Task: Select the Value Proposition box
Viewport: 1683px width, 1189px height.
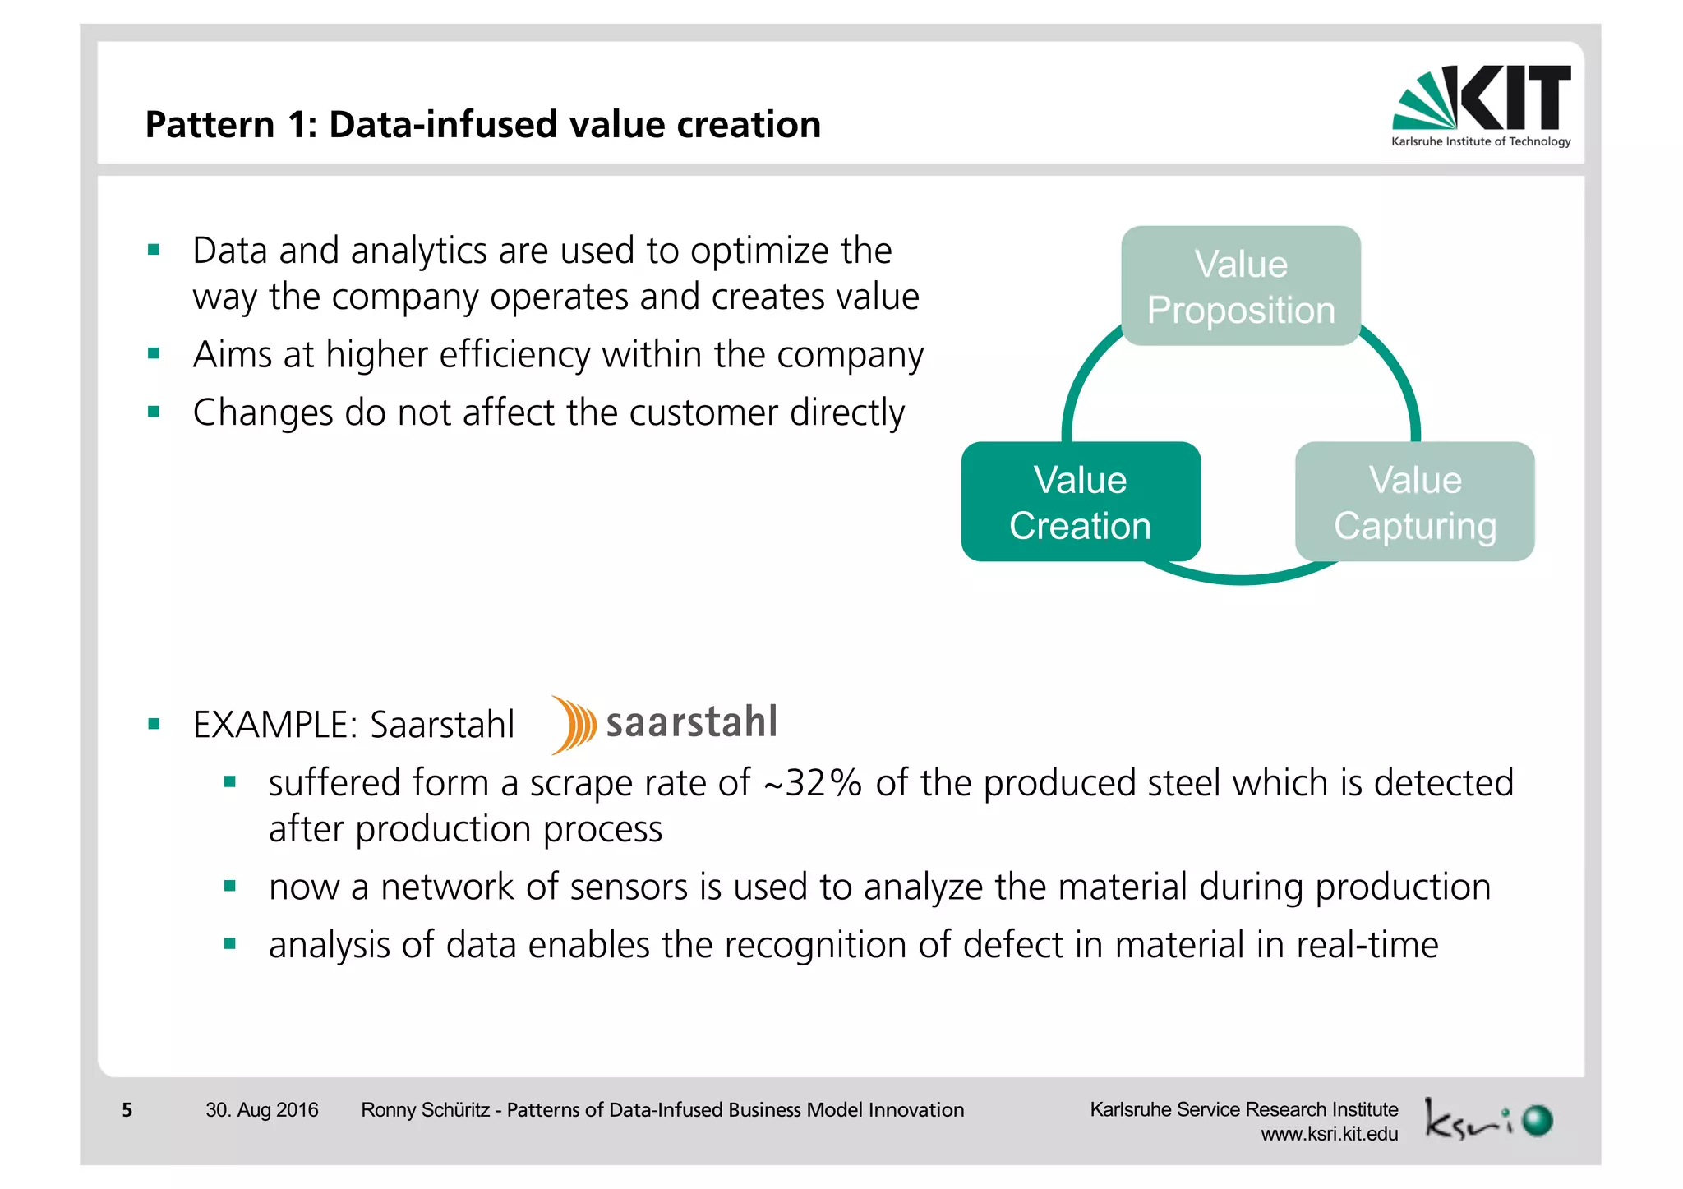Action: [1240, 286]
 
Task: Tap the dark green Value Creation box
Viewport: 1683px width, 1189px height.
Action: [1080, 502]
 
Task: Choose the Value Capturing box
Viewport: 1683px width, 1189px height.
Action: [1414, 502]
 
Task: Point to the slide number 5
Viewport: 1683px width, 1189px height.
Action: [127, 1110]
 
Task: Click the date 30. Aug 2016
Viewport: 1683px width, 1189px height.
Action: [261, 1110]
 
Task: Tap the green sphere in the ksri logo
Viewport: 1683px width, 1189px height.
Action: [1536, 1121]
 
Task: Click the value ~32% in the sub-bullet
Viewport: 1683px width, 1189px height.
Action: [812, 783]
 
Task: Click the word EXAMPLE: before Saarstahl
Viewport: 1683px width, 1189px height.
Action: [274, 725]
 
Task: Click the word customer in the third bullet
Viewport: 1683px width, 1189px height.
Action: [703, 412]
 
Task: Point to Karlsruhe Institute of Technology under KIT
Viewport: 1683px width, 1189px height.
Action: [1480, 141]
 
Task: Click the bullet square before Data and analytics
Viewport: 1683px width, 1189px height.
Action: [154, 250]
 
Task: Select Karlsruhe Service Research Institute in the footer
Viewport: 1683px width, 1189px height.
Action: [1243, 1109]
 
